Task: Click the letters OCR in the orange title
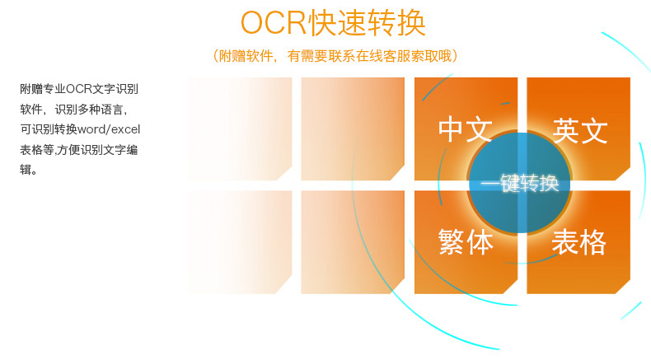pyautogui.click(x=274, y=23)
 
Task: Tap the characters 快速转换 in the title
pyautogui.click(x=366, y=23)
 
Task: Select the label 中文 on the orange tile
pyautogui.click(x=466, y=129)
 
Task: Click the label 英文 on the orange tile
pyautogui.click(x=580, y=130)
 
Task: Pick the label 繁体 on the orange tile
pyautogui.click(x=466, y=241)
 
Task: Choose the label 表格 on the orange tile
pyautogui.click(x=579, y=241)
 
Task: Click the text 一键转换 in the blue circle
pyautogui.click(x=519, y=183)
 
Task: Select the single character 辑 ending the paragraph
pyautogui.click(x=26, y=170)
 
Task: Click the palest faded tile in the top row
pyautogui.click(x=240, y=129)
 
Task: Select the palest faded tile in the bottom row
pyautogui.click(x=240, y=242)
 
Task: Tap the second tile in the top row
pyautogui.click(x=353, y=129)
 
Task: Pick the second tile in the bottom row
pyautogui.click(x=353, y=242)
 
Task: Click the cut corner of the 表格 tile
pyautogui.click(x=623, y=287)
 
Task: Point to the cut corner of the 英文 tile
pyautogui.click(x=623, y=173)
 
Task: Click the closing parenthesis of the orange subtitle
pyautogui.click(x=455, y=56)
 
